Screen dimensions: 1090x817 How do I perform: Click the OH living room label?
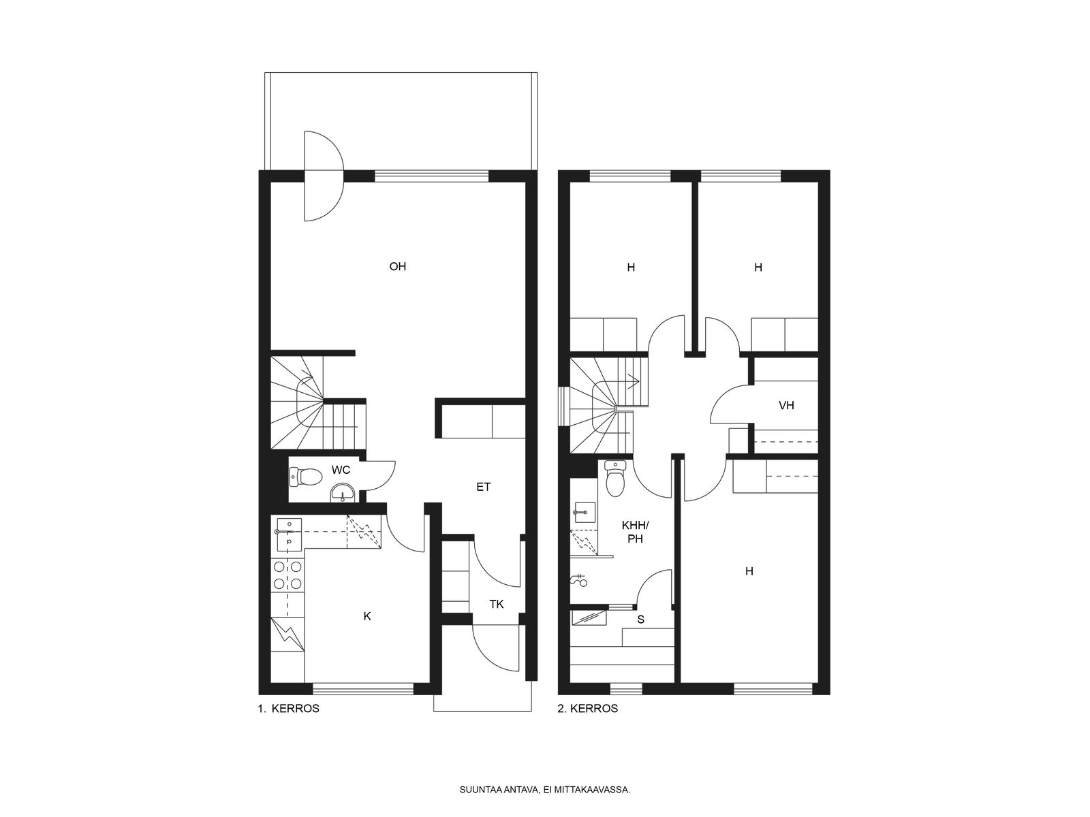(x=398, y=267)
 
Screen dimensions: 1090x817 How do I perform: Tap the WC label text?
(x=341, y=470)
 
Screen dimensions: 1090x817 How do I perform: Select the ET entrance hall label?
(x=483, y=487)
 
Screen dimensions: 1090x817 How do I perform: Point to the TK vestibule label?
(x=497, y=604)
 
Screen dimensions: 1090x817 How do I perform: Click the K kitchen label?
(x=367, y=616)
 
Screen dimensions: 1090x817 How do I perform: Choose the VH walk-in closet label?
(x=787, y=405)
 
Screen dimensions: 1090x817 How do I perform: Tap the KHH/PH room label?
(x=635, y=532)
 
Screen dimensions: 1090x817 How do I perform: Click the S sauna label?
(x=640, y=620)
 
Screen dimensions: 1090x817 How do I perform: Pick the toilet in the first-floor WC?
(x=305, y=477)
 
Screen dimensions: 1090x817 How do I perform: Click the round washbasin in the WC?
(x=343, y=493)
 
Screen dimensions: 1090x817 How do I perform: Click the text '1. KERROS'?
(x=289, y=709)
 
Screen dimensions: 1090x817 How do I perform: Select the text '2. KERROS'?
(x=588, y=709)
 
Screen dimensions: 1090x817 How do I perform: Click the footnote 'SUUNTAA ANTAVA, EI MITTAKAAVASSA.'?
(x=545, y=790)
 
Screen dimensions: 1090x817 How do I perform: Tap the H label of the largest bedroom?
(x=749, y=571)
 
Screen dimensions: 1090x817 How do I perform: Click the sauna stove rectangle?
(x=589, y=618)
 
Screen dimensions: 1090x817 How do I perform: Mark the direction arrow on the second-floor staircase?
(x=633, y=381)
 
